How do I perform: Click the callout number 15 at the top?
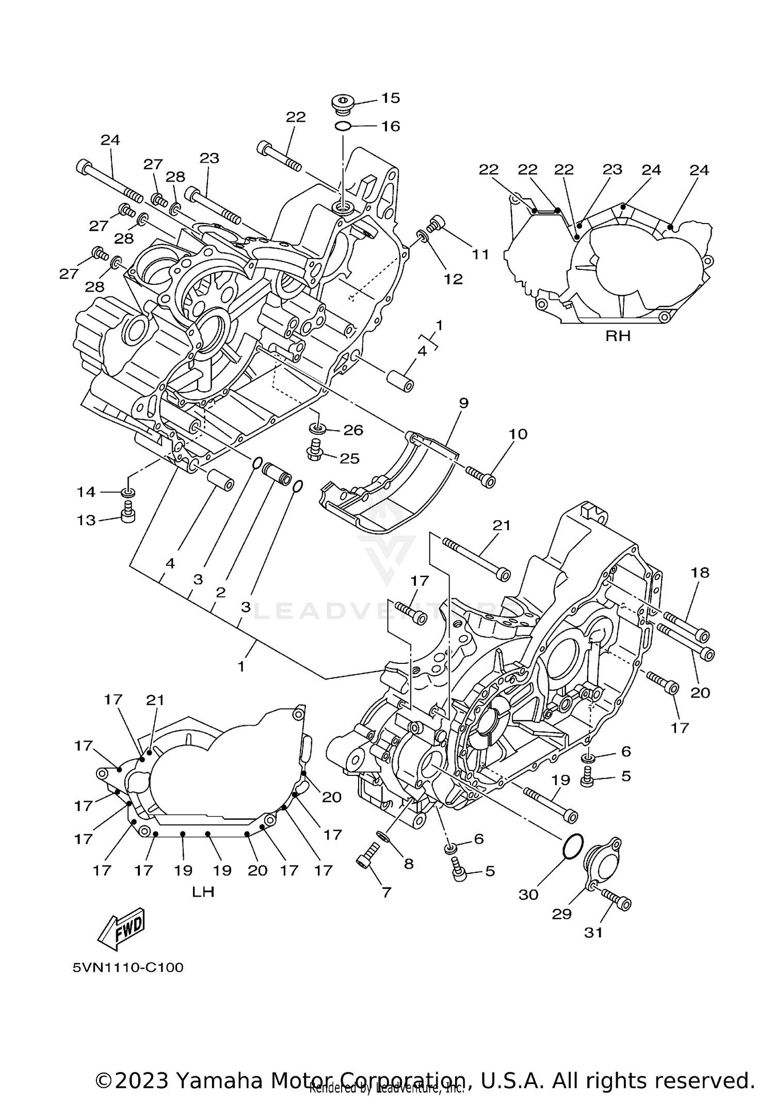pyautogui.click(x=391, y=98)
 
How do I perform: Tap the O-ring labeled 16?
pyautogui.click(x=343, y=125)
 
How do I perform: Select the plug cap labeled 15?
pyautogui.click(x=341, y=103)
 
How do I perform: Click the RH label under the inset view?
pyautogui.click(x=618, y=337)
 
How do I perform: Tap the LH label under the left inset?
pyautogui.click(x=203, y=892)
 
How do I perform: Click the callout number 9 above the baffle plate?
pyautogui.click(x=463, y=403)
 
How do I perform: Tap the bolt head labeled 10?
pyautogui.click(x=487, y=481)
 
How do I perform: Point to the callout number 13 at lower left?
pyautogui.click(x=86, y=520)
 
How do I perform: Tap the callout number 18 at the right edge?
pyautogui.click(x=700, y=572)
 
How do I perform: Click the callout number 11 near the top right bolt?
pyautogui.click(x=480, y=254)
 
